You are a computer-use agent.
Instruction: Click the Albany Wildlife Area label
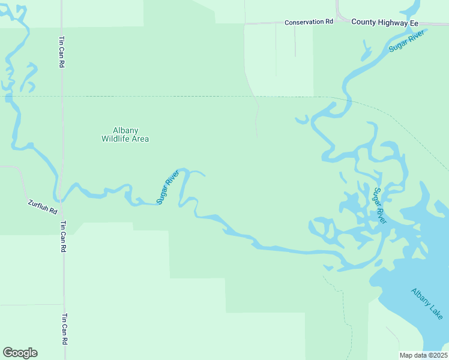tap(125, 134)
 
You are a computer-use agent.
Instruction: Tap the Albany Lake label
tap(427, 304)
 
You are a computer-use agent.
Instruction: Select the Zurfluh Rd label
tap(42, 208)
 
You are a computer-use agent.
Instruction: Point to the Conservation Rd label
tap(309, 22)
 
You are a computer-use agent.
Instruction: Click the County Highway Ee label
tap(384, 22)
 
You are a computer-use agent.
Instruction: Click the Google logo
tap(20, 353)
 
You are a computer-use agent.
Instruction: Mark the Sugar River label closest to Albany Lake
tap(380, 206)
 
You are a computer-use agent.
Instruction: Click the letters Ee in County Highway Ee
tap(413, 22)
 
